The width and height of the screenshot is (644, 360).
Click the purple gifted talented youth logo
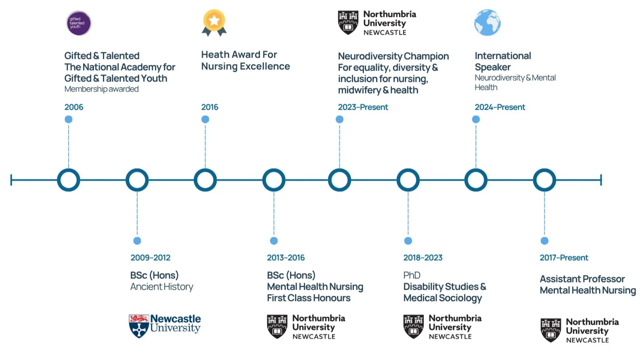tap(79, 23)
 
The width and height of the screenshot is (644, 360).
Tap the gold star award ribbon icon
tap(214, 23)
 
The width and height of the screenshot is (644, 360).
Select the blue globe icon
tap(487, 23)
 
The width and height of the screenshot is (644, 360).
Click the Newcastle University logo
tap(165, 325)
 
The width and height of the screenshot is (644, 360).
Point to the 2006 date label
tap(74, 107)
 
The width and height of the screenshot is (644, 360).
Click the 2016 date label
tap(209, 107)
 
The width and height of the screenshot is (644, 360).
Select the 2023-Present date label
tap(363, 107)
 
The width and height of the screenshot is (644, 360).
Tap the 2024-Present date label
tap(500, 107)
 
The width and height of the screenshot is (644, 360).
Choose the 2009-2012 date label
tap(150, 257)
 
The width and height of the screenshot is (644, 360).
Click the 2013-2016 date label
tap(286, 257)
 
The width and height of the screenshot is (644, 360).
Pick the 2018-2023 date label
tap(422, 257)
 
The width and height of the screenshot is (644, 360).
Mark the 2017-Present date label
tap(564, 257)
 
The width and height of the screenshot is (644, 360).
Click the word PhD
tap(412, 275)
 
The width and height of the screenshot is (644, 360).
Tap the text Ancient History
tap(161, 287)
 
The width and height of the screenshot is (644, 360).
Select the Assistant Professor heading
tap(582, 279)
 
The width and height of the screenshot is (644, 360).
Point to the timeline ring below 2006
tap(69, 180)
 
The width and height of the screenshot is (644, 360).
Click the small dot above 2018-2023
tap(408, 241)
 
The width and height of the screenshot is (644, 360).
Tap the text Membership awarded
tap(101, 89)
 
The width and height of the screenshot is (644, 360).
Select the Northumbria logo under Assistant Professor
tap(579, 330)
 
